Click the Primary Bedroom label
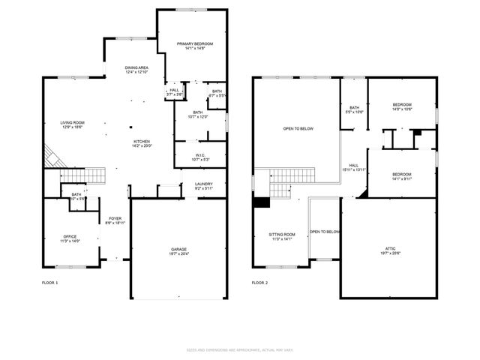pyautogui.click(x=195, y=46)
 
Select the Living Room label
pyautogui.click(x=73, y=125)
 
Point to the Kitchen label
pyautogui.click(x=142, y=143)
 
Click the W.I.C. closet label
pyautogui.click(x=189, y=157)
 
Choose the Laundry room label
pyautogui.click(x=204, y=186)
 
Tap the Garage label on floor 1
pyautogui.click(x=178, y=251)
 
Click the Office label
pyautogui.click(x=69, y=238)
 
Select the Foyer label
pyautogui.click(x=115, y=220)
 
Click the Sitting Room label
pyautogui.click(x=282, y=237)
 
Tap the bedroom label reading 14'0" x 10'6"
pyautogui.click(x=403, y=106)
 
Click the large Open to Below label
pyautogui.click(x=298, y=129)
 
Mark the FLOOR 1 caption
pyautogui.click(x=49, y=283)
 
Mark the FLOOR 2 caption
pyautogui.click(x=259, y=283)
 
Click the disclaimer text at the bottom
pyautogui.click(x=240, y=350)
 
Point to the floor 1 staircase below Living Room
pyautogui.click(x=75, y=176)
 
